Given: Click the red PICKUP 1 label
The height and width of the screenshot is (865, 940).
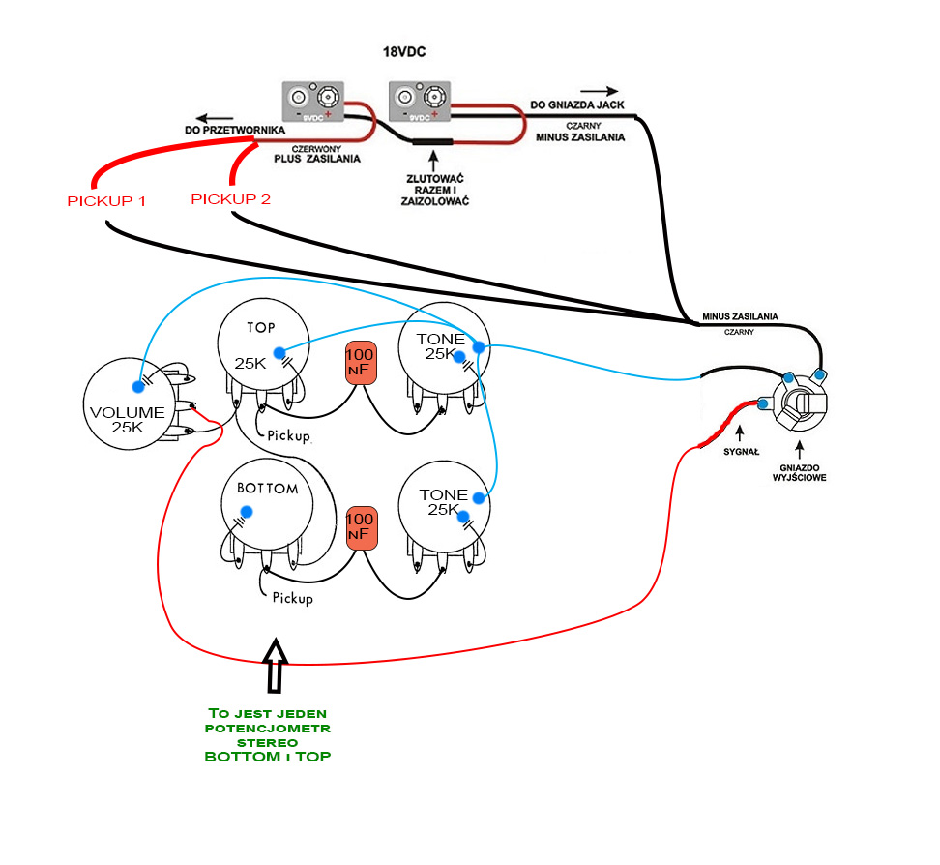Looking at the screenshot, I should pos(106,201).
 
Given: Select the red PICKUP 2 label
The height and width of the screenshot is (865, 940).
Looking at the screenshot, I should pos(231,199).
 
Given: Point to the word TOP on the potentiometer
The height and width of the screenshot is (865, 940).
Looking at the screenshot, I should pos(261,327).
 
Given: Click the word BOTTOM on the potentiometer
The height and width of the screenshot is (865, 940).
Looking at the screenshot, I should pos(267,489).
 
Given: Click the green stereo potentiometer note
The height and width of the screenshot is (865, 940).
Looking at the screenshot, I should pos(268,734).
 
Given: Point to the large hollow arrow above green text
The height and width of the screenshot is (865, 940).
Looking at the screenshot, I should pos(276,665).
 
